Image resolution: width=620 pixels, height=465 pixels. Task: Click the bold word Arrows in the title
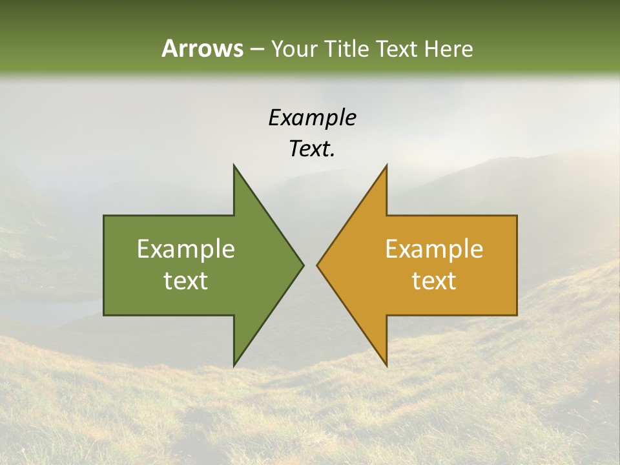(x=201, y=48)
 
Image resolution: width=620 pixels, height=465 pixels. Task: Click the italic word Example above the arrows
(x=312, y=118)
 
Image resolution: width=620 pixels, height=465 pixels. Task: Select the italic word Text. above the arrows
(x=312, y=149)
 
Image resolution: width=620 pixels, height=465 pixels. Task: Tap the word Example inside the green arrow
(x=185, y=249)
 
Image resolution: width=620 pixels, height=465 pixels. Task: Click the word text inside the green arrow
(x=185, y=281)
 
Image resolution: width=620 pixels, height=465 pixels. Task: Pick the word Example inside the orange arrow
(x=434, y=249)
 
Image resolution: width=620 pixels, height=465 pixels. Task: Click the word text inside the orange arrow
(x=434, y=281)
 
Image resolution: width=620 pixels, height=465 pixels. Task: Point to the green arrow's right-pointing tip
(x=304, y=265)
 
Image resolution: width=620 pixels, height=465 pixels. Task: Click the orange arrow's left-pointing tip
(x=317, y=265)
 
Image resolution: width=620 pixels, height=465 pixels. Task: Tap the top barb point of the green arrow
(x=234, y=165)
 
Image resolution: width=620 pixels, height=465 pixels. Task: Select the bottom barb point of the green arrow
(x=234, y=366)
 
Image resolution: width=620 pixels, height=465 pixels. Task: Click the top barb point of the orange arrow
(x=386, y=165)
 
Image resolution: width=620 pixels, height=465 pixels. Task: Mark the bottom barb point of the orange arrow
(x=386, y=366)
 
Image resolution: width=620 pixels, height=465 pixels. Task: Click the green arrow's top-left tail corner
(x=104, y=216)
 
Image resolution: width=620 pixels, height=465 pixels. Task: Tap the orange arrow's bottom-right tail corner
(x=517, y=315)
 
